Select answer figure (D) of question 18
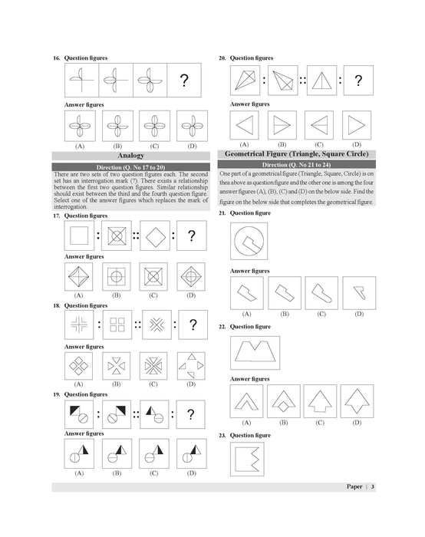coord(189,365)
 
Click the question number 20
coord(222,58)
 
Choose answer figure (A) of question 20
coord(244,124)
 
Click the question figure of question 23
coord(249,460)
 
